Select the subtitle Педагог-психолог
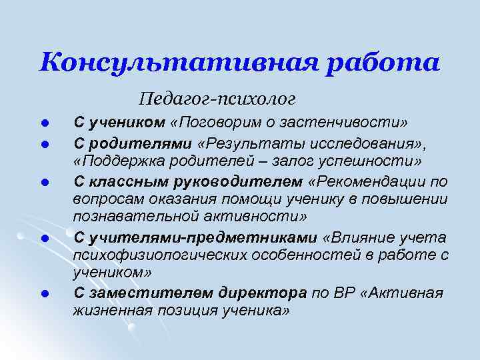pyautogui.click(x=217, y=100)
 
